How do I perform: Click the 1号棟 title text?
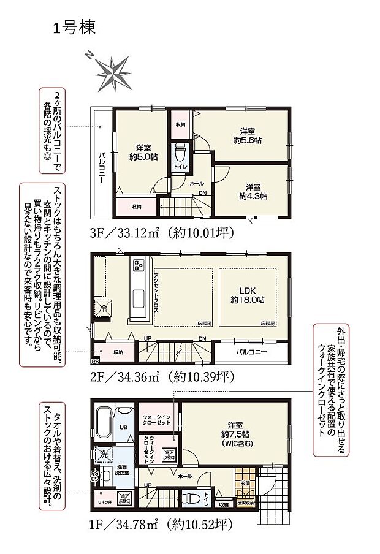[x=74, y=28]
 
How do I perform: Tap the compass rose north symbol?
[x=90, y=55]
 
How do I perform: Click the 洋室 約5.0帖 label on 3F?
[x=143, y=152]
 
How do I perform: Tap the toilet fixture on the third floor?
[x=181, y=151]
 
